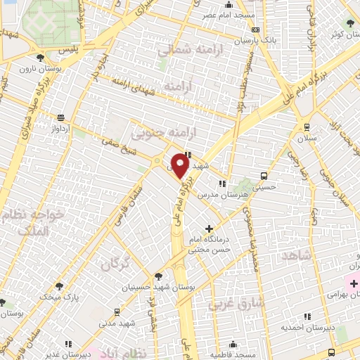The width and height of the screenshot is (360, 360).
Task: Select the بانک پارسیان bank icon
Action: tap(255, 30)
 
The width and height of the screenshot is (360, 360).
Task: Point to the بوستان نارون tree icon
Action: tap(44, 56)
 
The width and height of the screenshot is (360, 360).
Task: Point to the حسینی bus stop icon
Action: tap(263, 176)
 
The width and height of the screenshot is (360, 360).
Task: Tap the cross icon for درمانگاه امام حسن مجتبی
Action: tap(209, 229)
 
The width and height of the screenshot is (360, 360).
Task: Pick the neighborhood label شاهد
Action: tap(295, 255)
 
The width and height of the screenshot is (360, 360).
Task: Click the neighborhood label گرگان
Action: tap(116, 265)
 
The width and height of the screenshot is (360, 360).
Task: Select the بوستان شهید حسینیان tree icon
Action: tap(158, 276)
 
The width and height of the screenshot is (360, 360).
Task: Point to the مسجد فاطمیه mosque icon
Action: tap(233, 344)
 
